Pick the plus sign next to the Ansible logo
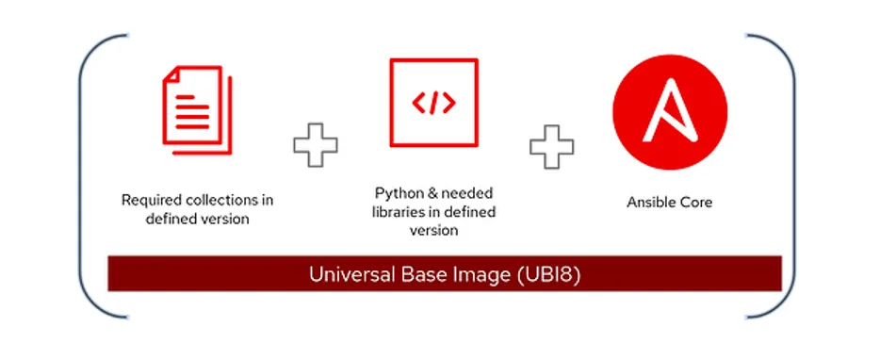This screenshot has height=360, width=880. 551,146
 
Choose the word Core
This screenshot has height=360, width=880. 696,203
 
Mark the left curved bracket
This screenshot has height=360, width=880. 87,174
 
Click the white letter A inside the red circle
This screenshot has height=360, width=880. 669,106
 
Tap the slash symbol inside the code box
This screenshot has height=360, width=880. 433,103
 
